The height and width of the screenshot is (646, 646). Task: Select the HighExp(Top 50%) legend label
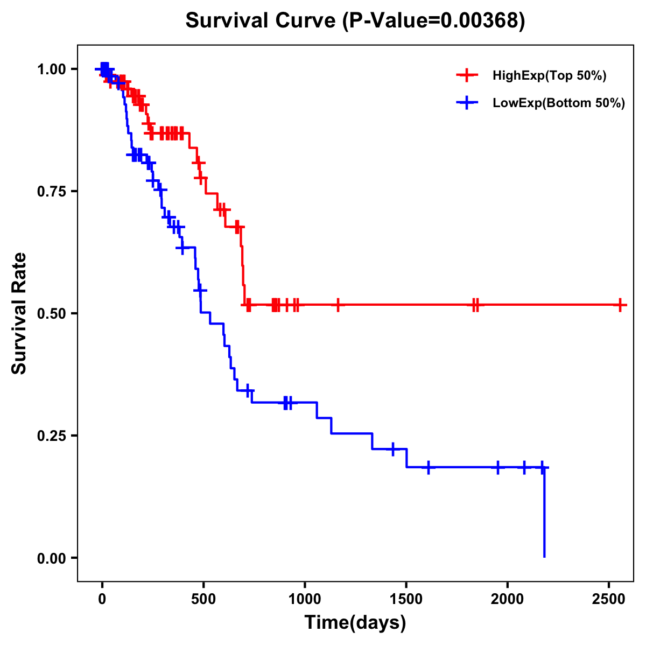coord(550,76)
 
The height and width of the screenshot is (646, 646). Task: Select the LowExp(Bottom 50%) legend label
coord(559,103)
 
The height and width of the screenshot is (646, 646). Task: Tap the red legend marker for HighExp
coord(467,76)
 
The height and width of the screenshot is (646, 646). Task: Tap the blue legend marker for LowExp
coord(467,103)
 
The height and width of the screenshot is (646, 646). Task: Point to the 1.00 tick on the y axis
coord(51,69)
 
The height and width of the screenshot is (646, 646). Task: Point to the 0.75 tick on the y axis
coord(51,192)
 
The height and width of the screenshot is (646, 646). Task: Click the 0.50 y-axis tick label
coord(51,314)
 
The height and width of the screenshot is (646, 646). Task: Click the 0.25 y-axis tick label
coord(51,436)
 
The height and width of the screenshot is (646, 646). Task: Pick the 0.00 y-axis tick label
coord(51,558)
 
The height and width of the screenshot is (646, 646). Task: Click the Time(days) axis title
coord(355,623)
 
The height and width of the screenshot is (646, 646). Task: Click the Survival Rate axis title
coord(19,313)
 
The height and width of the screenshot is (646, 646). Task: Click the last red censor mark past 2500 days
coord(620,305)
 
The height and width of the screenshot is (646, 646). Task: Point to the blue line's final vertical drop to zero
coord(544,511)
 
